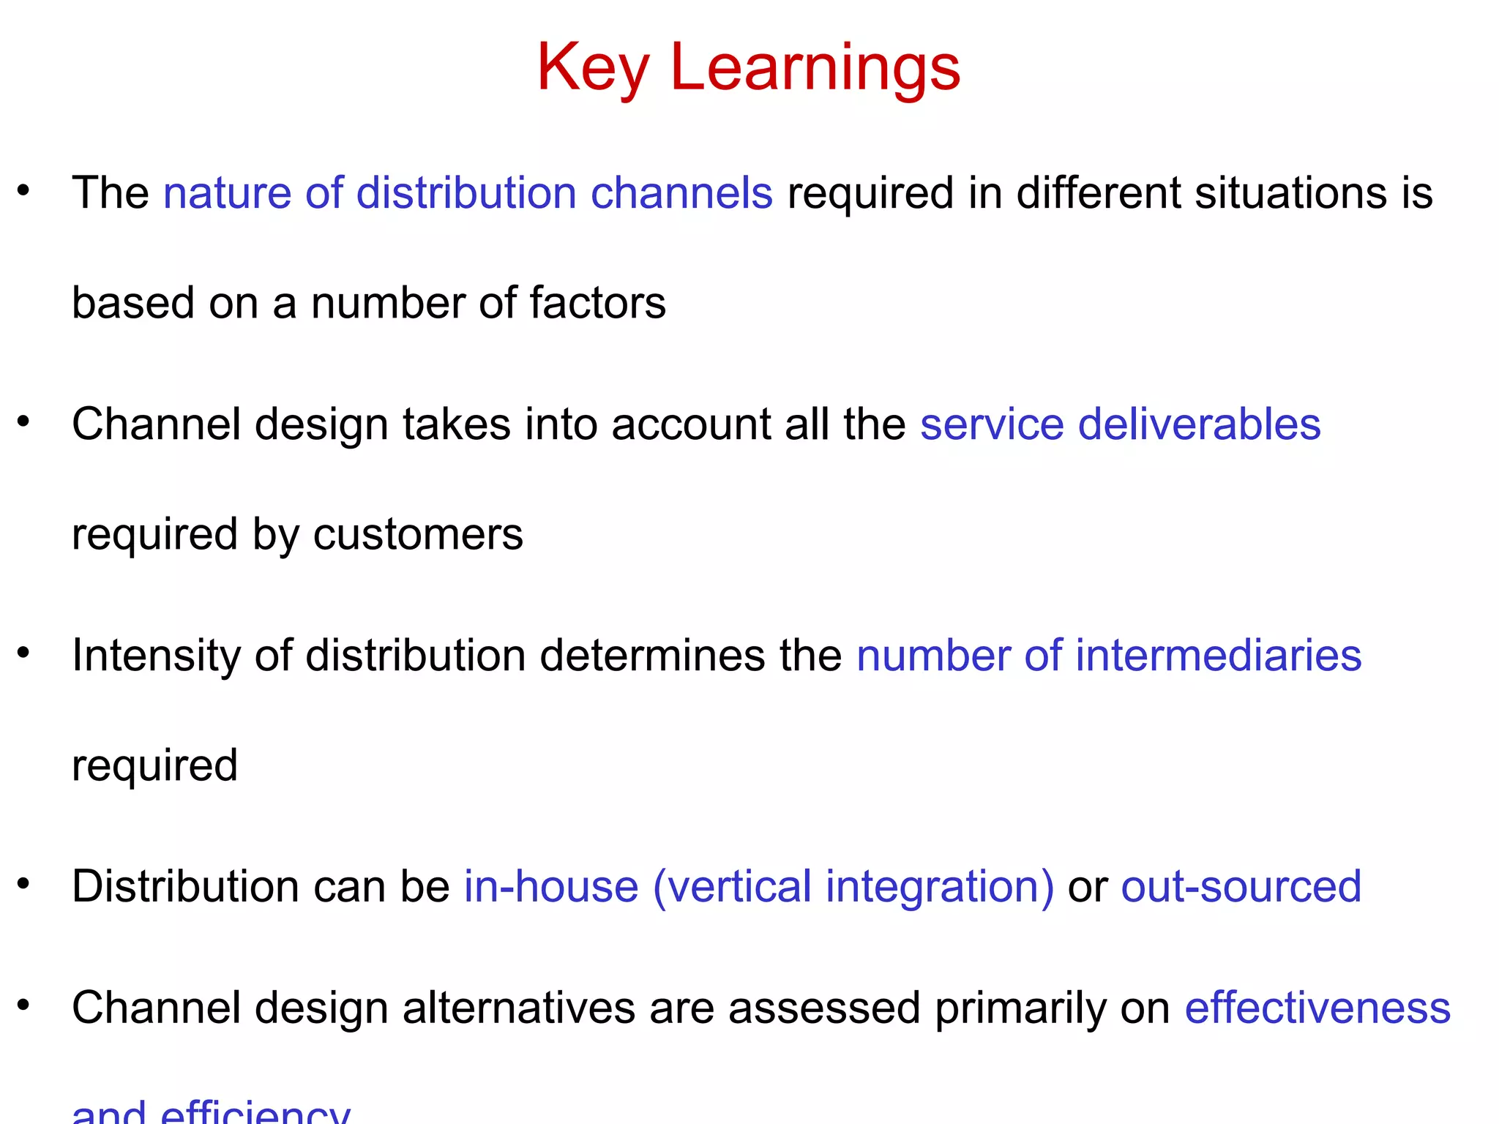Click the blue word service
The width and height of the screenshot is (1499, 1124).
click(x=992, y=424)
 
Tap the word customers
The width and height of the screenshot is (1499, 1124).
click(x=418, y=534)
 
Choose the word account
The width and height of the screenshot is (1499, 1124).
click(x=690, y=424)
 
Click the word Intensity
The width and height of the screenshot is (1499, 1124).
click(x=156, y=655)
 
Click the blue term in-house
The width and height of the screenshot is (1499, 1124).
click(x=551, y=886)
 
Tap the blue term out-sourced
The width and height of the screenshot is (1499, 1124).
click(x=1241, y=886)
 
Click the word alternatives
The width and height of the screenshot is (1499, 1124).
click(x=519, y=1008)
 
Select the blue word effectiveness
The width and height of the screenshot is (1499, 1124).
click(x=1317, y=1008)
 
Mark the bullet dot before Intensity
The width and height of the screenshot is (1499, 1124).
click(x=24, y=652)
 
